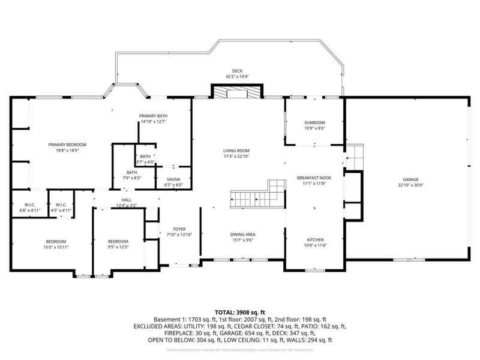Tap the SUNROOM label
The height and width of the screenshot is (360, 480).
(x=314, y=122)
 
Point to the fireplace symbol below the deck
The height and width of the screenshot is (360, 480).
(x=237, y=92)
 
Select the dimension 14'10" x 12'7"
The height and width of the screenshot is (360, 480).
(x=152, y=122)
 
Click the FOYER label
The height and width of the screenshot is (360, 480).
(x=179, y=229)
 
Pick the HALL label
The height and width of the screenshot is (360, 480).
(x=126, y=200)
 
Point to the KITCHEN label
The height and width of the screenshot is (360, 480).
(x=314, y=239)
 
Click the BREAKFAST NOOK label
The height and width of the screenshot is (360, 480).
(x=314, y=178)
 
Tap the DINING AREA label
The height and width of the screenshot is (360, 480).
(x=243, y=234)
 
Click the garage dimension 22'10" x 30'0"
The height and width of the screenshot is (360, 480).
(x=410, y=185)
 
